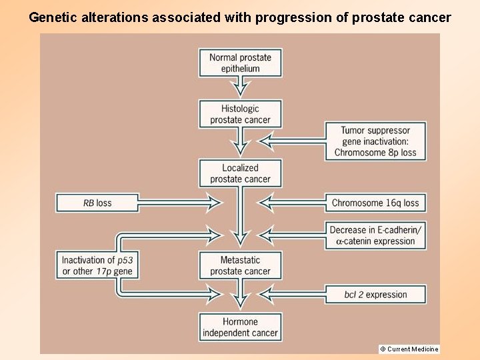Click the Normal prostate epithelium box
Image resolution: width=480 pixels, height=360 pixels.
tap(240, 63)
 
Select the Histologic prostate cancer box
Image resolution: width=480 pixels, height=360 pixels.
tap(240, 114)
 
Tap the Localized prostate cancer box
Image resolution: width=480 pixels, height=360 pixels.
tap(240, 173)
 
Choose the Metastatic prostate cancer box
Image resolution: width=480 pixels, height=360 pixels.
tap(240, 265)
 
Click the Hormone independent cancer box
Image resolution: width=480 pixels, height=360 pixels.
tap(240, 327)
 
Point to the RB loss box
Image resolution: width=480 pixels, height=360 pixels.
tap(97, 203)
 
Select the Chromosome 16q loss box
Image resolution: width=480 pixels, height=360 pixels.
tap(375, 203)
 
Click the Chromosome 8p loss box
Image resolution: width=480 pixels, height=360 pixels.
tap(375, 141)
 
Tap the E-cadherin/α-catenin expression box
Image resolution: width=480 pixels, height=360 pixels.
tap(375, 235)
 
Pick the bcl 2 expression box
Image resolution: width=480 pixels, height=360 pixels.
tap(375, 294)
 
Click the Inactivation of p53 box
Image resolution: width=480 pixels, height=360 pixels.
tap(97, 265)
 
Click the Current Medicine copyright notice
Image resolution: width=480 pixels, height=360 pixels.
tap(409, 349)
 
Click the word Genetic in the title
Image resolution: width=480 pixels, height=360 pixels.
tap(52, 18)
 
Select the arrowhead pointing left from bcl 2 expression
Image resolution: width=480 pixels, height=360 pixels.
tap(265, 293)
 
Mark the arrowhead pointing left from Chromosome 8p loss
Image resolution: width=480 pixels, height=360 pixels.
tap(265, 141)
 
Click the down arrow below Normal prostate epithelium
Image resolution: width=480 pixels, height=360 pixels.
tap(240, 89)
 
